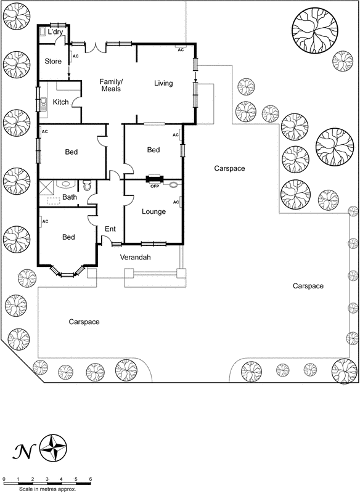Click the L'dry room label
[56, 31]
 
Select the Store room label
[52, 61]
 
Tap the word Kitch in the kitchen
[60, 102]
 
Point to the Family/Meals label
[111, 86]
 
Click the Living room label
[163, 83]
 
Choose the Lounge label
[153, 212]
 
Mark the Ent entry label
[110, 229]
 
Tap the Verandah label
[135, 258]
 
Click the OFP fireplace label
[155, 186]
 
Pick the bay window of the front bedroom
[66, 270]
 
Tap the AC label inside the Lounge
[176, 202]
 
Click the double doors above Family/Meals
[95, 46]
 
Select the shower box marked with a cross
[47, 187]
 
